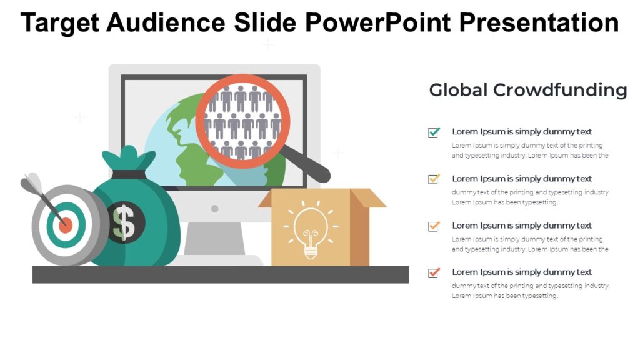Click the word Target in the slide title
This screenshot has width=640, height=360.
(60, 23)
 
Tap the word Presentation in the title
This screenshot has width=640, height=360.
(539, 23)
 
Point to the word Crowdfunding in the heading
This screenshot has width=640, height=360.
(560, 90)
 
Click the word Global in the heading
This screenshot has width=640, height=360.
(458, 90)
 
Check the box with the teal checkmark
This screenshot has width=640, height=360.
(434, 132)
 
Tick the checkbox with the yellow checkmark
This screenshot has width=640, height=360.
(434, 179)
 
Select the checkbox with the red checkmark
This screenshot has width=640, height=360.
(434, 272)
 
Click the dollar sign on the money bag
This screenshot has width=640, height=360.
(124, 222)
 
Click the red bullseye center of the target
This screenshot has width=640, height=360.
(66, 224)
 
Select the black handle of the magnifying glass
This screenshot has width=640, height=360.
(309, 164)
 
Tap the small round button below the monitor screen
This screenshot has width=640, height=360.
(214, 208)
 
